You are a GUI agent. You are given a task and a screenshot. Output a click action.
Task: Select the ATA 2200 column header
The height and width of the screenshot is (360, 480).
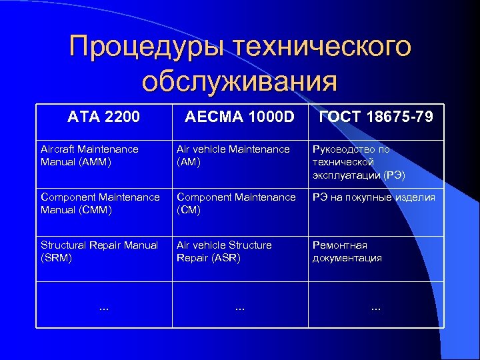click(x=104, y=117)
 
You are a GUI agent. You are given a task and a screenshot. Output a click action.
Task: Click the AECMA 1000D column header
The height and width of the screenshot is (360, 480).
click(x=239, y=117)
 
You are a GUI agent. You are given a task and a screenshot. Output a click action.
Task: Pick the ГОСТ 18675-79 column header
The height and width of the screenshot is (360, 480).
click(x=376, y=117)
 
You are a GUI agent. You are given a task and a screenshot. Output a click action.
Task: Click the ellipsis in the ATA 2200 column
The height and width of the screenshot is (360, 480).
click(x=104, y=308)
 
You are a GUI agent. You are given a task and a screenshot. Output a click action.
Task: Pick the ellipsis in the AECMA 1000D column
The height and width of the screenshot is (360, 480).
click(x=239, y=308)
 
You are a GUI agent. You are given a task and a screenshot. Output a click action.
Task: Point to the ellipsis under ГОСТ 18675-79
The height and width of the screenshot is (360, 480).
click(x=376, y=308)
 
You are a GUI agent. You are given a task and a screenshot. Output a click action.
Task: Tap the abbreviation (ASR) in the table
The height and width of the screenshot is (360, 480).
click(x=226, y=258)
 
